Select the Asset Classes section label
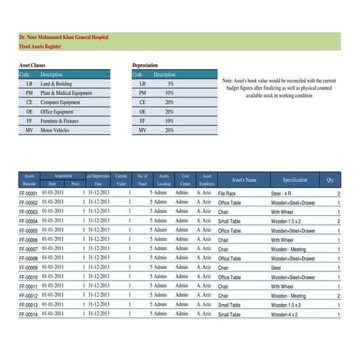32,65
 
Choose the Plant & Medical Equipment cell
66,93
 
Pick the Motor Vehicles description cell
57,129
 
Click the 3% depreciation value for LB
169,84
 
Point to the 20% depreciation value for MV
169,129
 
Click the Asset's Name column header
244,180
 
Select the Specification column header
295,180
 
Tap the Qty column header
330,180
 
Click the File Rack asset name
227,194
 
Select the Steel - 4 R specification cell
284,194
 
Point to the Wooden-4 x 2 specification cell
286,314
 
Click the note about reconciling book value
279,87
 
